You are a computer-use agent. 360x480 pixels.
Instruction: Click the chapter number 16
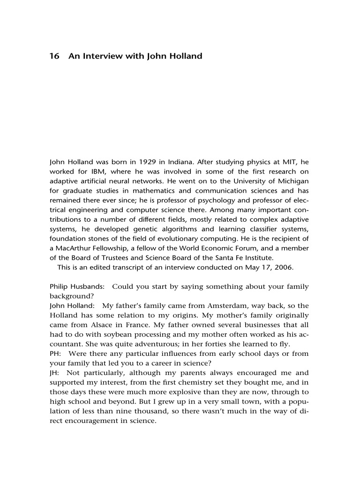(x=54, y=56)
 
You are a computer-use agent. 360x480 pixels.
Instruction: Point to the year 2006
(x=284, y=268)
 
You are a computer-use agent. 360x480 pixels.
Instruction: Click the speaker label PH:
(x=56, y=354)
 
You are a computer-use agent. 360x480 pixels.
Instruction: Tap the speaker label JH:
(x=55, y=373)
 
